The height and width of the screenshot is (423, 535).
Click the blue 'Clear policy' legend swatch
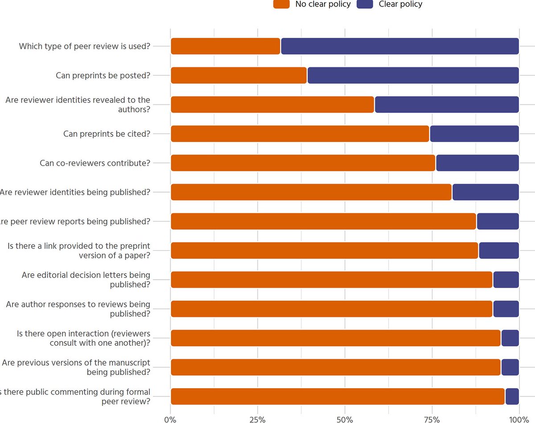[365, 4]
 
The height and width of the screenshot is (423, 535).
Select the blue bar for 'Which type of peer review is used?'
[400, 46]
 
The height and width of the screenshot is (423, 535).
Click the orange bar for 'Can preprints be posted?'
[239, 76]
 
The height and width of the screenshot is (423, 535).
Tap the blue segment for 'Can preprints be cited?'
[474, 134]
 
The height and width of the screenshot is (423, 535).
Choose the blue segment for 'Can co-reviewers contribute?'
[477, 163]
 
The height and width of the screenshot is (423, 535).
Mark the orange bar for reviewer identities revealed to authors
[272, 105]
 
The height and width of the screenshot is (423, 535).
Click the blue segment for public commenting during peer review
[512, 396]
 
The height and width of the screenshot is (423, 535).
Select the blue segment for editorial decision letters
[506, 280]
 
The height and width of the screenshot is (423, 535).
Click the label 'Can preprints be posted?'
[103, 76]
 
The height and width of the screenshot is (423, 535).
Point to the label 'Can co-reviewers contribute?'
[95, 163]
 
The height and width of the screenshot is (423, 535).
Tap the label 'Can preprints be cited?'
[107, 134]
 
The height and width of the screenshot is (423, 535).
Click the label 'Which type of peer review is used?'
[85, 46]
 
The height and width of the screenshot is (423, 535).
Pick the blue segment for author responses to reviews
[506, 309]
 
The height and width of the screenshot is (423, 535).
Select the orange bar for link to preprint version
[324, 250]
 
